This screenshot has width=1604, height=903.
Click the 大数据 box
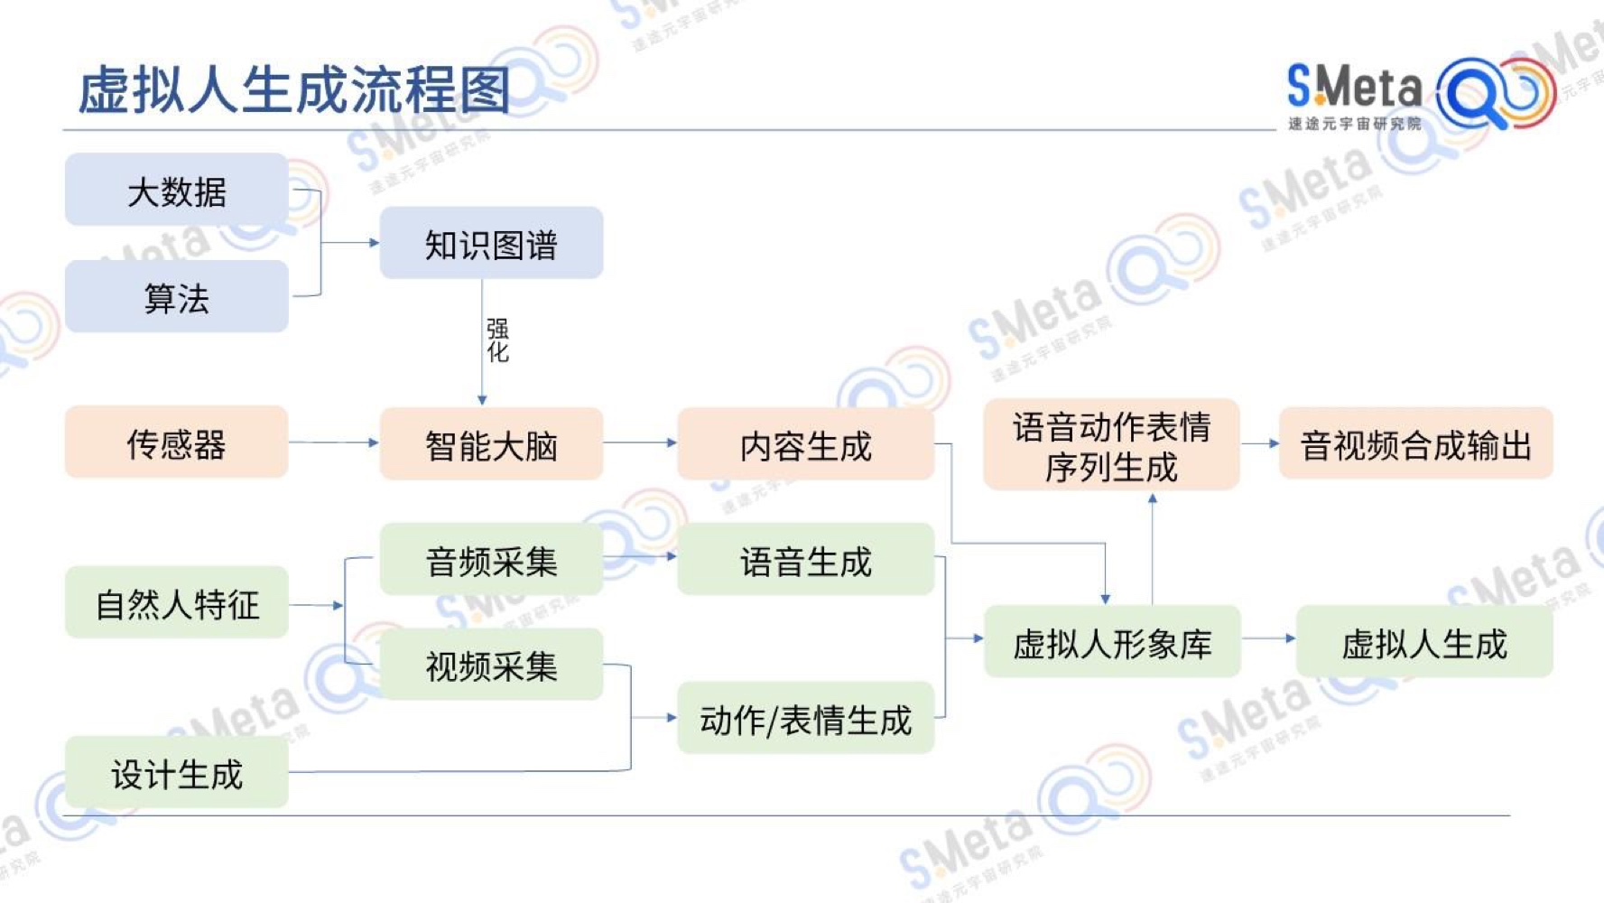pyautogui.click(x=177, y=190)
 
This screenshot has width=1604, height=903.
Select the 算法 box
pyautogui.click(x=177, y=296)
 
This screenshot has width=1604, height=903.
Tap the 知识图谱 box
pyautogui.click(x=491, y=243)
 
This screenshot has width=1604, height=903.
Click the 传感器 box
pyautogui.click(x=177, y=442)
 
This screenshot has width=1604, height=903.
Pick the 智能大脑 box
pyautogui.click(x=491, y=443)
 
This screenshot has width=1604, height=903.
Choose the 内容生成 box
pyautogui.click(x=806, y=443)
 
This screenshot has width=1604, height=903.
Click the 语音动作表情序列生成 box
pyautogui.click(x=1111, y=444)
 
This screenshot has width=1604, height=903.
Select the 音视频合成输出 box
pyautogui.click(x=1416, y=442)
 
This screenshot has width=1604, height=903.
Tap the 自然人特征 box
pyautogui.click(x=177, y=602)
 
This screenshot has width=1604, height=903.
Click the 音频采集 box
pyautogui.click(x=491, y=559)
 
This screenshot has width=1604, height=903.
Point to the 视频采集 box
pyautogui.click(x=491, y=664)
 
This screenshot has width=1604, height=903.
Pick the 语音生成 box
pyautogui.click(x=806, y=559)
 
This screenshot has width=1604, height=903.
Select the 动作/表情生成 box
pyautogui.click(x=806, y=718)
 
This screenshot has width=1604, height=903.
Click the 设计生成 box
pyautogui.click(x=177, y=772)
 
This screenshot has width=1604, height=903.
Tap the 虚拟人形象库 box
pyautogui.click(x=1112, y=641)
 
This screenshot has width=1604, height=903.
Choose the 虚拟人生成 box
pyautogui.click(x=1424, y=641)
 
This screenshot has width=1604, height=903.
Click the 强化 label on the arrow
pyautogui.click(x=498, y=340)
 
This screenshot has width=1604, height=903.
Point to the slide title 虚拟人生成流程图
pyautogui.click(x=294, y=89)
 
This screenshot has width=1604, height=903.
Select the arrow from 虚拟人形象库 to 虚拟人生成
pyautogui.click(x=1268, y=638)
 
